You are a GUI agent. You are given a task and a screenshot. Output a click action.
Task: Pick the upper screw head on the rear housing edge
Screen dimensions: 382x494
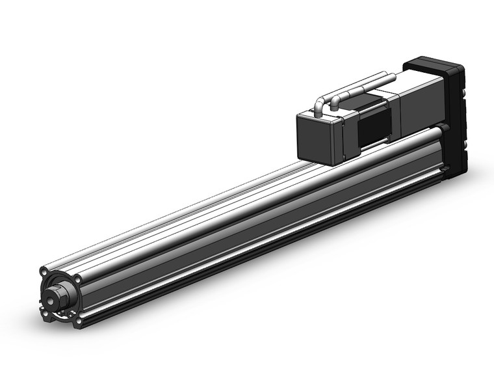pos(463,94)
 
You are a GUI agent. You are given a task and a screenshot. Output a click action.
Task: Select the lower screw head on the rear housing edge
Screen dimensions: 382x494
pos(463,141)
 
